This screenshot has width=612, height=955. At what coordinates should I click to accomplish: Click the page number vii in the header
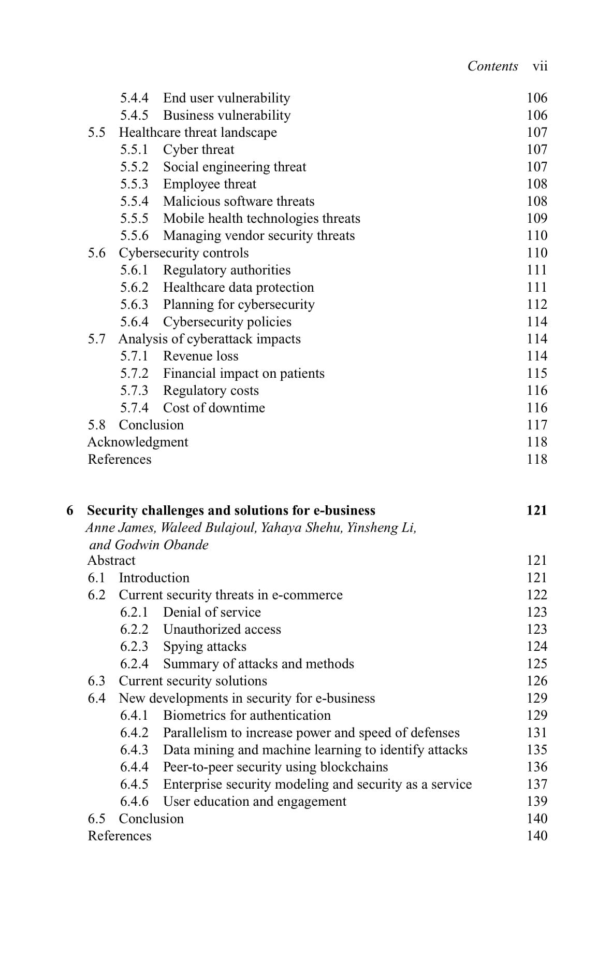click(540, 66)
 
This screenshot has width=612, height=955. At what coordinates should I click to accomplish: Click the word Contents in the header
click(492, 66)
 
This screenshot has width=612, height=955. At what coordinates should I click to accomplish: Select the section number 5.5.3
click(134, 184)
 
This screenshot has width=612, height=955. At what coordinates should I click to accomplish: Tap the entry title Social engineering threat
click(235, 167)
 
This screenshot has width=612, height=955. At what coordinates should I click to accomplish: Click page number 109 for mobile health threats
click(537, 218)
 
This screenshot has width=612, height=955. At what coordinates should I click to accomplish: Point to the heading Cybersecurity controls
click(184, 253)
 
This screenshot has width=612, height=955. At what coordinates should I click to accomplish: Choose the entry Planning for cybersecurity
click(239, 304)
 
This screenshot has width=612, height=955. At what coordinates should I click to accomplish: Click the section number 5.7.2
click(134, 373)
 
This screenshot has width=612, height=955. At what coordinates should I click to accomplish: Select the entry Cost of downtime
click(214, 408)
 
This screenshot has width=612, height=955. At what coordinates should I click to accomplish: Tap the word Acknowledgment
click(138, 442)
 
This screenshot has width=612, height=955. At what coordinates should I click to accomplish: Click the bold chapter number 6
click(70, 510)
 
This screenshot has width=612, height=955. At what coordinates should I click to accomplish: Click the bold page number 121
click(536, 510)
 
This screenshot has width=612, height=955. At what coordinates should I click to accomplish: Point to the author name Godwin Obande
click(162, 545)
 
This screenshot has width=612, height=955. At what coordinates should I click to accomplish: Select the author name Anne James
click(120, 528)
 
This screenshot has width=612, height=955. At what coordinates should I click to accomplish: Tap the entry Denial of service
click(212, 612)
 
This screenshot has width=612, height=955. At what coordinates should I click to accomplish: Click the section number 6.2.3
click(134, 647)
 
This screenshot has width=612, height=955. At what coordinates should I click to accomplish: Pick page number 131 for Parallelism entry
click(537, 733)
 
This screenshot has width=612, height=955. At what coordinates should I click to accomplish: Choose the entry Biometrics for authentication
click(246, 716)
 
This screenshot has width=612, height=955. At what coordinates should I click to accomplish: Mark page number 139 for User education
click(537, 802)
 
